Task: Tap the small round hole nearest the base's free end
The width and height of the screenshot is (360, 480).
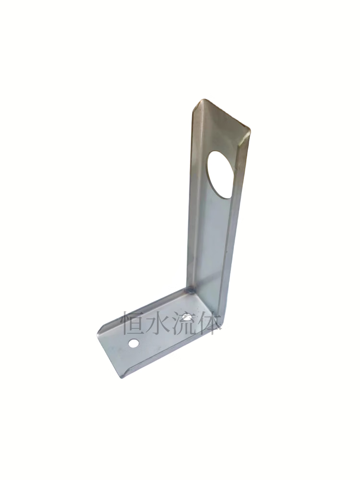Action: coord(133,343)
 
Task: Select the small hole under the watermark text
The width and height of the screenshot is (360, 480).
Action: coord(187,316)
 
